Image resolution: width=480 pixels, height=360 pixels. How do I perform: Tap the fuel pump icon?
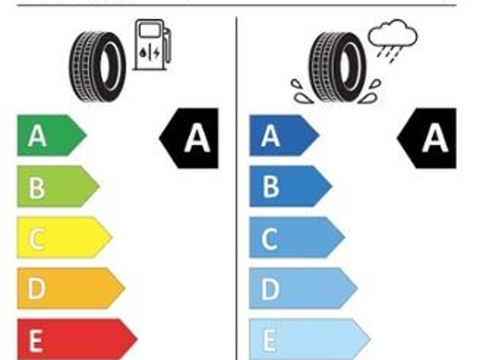(x=152, y=45)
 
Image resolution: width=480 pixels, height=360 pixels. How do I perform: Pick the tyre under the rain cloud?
(x=337, y=66)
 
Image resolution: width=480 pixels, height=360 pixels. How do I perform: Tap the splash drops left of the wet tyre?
(x=300, y=91)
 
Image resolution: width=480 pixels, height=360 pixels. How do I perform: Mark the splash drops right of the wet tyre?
(x=370, y=91)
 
